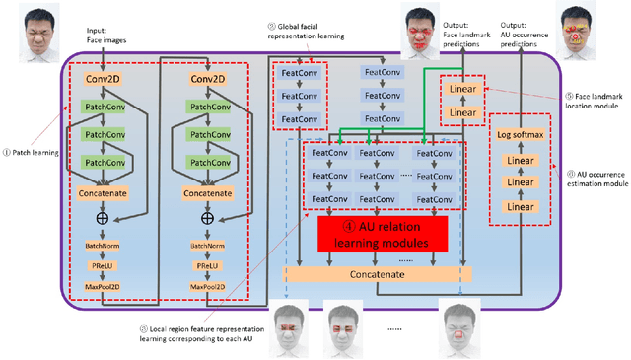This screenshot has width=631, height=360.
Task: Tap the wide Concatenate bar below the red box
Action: pos(379,272)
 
